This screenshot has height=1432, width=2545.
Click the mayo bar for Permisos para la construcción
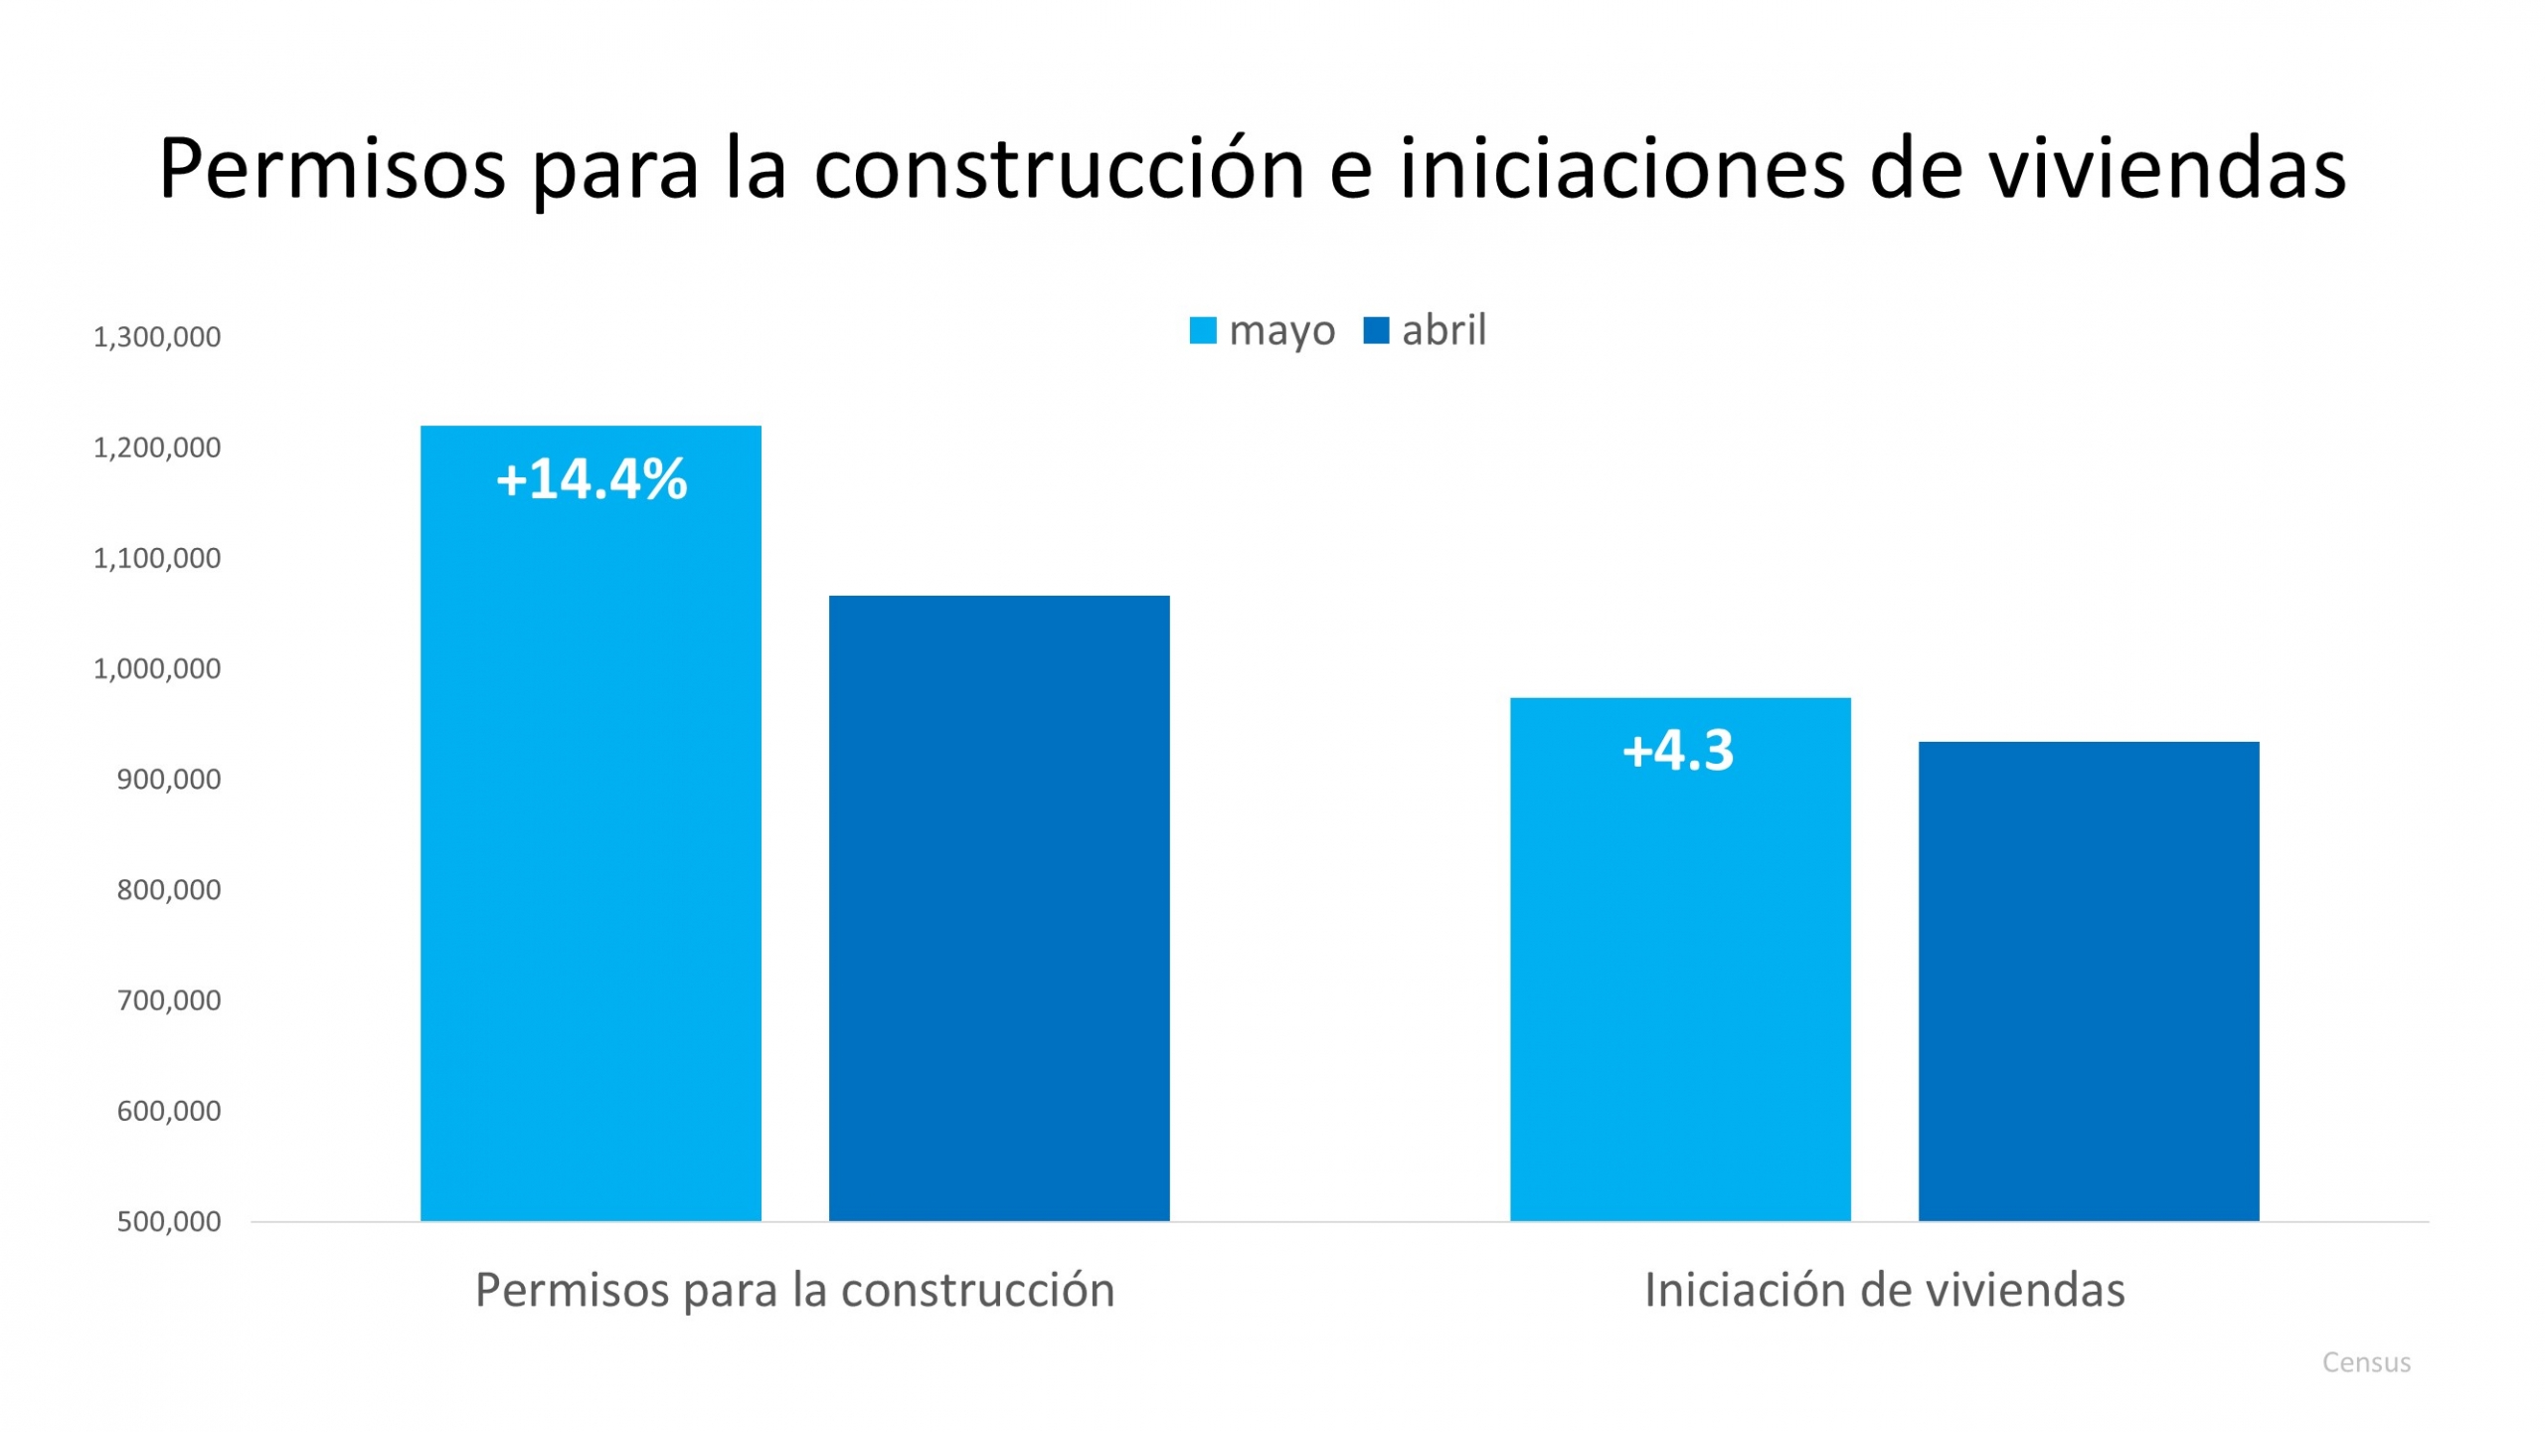click(591, 845)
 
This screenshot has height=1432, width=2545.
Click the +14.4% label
click(592, 479)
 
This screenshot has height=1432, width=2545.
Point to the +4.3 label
click(1678, 750)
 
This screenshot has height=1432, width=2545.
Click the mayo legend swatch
click(1203, 330)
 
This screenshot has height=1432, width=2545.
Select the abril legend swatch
click(1376, 330)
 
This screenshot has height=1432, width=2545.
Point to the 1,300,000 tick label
click(157, 337)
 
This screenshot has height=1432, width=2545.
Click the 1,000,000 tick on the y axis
click(157, 669)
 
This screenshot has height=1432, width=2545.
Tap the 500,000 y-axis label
click(169, 1222)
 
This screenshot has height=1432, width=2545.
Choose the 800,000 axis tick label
click(169, 890)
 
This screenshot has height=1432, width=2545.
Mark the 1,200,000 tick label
click(157, 447)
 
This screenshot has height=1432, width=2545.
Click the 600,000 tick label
click(169, 1111)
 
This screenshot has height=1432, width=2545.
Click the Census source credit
click(2366, 1362)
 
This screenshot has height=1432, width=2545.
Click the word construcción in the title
click(1059, 169)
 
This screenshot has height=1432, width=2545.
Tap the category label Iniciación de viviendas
click(1884, 1290)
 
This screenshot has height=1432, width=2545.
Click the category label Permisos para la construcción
click(794, 1290)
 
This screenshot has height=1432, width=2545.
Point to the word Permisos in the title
click(333, 169)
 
